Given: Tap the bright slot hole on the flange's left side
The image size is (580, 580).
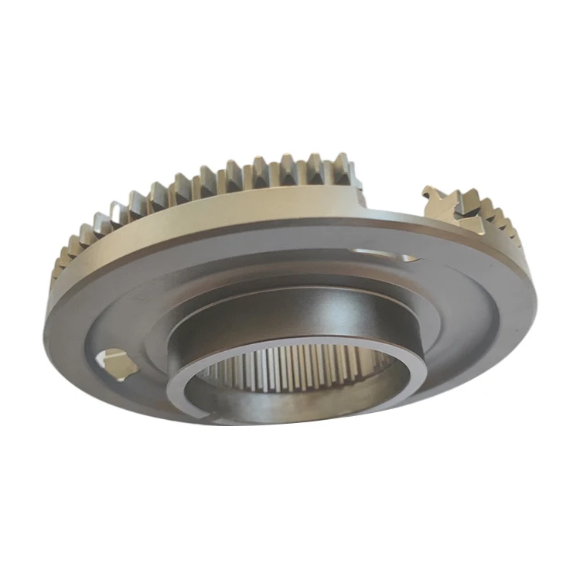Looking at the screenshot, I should pyautogui.click(x=114, y=361).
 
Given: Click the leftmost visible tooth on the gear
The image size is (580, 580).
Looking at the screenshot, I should pyautogui.click(x=60, y=267).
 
